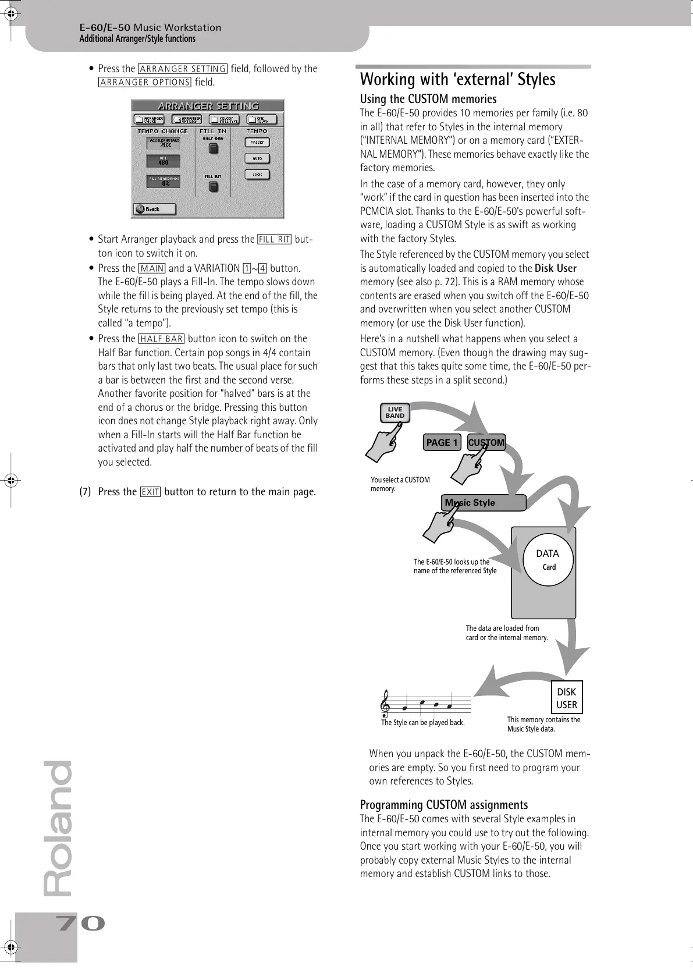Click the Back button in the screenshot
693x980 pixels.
(154, 209)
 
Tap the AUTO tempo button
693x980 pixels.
(257, 158)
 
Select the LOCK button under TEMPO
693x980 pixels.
(257, 175)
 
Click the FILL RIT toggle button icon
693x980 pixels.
(213, 186)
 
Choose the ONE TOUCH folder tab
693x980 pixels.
(261, 119)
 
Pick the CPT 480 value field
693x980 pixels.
(163, 161)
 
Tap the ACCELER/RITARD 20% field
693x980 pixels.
(163, 143)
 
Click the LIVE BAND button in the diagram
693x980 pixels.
(395, 413)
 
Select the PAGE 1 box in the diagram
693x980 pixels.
(442, 442)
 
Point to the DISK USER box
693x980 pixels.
(566, 698)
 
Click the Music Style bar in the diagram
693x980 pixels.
(483, 503)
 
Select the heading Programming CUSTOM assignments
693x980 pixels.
(444, 805)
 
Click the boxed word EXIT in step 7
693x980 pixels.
(151, 492)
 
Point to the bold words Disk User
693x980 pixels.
(555, 268)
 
